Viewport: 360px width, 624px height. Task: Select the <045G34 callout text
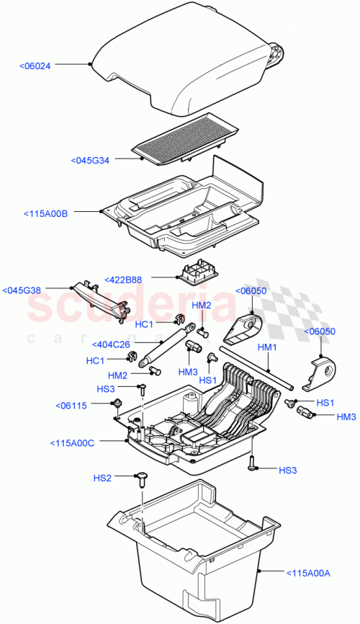(91, 161)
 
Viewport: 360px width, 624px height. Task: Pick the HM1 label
(267, 347)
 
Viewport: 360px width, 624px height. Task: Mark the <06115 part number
(71, 406)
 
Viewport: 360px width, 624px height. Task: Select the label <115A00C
(73, 442)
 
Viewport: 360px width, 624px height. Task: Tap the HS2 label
(103, 477)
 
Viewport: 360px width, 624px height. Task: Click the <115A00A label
(307, 573)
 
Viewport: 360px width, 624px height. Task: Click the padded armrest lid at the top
(187, 68)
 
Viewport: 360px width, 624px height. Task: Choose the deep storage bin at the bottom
(194, 548)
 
